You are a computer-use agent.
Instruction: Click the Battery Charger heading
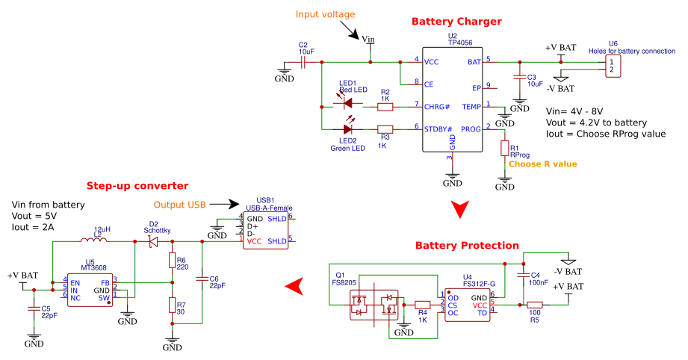coord(456,22)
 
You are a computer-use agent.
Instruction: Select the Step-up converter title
coord(137,185)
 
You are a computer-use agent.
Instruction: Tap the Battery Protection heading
coord(466,245)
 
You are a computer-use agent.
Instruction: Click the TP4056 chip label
coord(459,43)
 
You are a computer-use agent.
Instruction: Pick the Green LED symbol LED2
coord(348,129)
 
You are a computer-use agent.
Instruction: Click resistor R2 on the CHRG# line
coord(385,107)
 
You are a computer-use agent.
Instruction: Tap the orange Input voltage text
coord(326,14)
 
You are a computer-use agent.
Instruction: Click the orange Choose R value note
coord(542,164)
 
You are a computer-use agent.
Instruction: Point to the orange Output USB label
coord(179,205)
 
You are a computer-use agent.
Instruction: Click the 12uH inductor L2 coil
coord(96,240)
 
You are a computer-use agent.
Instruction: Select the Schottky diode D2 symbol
coord(153,241)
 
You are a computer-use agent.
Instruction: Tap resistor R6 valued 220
coord(172,260)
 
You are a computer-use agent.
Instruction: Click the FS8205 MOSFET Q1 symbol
coord(374,305)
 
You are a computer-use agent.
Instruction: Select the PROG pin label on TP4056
coord(471,128)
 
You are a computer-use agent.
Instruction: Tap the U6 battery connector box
coord(613,66)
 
